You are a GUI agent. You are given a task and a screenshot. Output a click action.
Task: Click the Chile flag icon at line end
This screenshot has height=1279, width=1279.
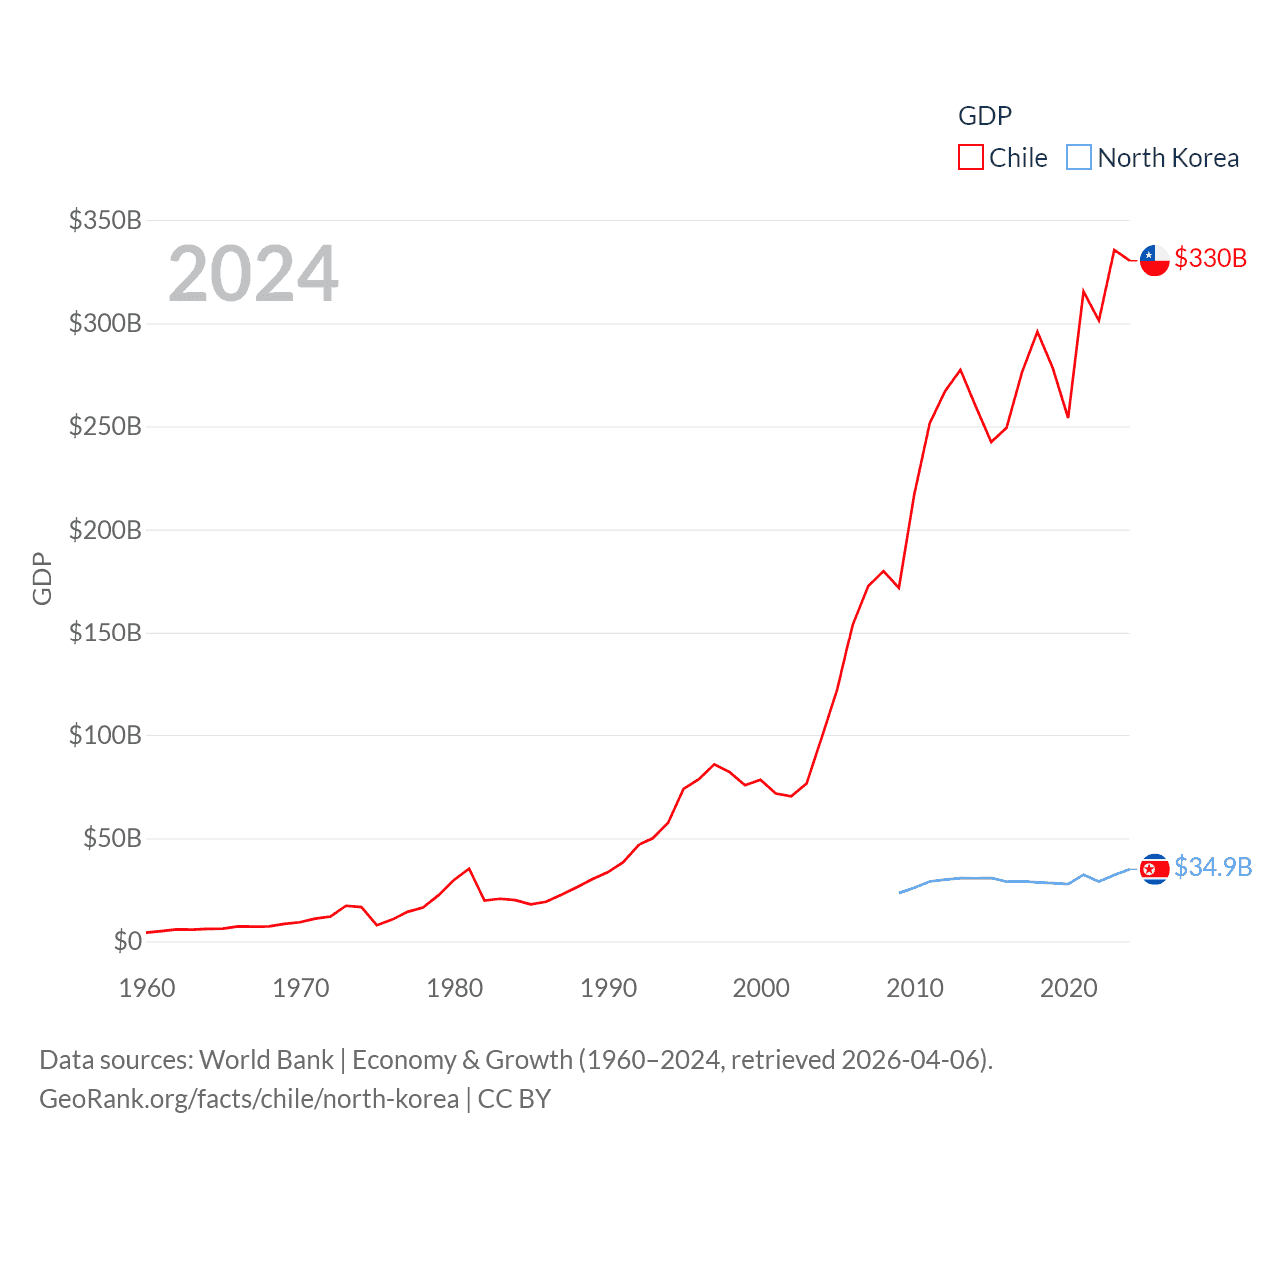[x=1154, y=260]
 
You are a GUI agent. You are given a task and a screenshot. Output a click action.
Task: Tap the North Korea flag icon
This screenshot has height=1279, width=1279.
[x=1154, y=869]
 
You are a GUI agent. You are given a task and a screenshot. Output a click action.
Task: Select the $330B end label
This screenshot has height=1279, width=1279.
[x=1210, y=258]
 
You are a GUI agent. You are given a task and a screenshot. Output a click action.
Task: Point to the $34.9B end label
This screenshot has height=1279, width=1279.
[x=1213, y=867]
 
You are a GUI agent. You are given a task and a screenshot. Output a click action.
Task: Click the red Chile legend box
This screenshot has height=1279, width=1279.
[x=970, y=158]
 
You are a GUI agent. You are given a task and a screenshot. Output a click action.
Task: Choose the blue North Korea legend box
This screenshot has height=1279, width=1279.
[x=1079, y=158]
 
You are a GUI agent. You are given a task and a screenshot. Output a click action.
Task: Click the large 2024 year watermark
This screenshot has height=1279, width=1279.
[x=253, y=273]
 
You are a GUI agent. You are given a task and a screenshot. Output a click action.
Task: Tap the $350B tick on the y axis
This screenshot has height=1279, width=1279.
[x=105, y=220]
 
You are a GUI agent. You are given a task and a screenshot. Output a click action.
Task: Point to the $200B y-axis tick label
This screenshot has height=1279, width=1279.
[x=105, y=530]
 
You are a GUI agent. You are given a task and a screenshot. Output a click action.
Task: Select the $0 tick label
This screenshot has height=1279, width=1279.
[x=127, y=941]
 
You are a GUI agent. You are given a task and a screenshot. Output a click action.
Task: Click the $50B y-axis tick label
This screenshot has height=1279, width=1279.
[x=112, y=838]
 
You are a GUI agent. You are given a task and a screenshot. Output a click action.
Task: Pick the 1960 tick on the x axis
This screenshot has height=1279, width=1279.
[x=147, y=988]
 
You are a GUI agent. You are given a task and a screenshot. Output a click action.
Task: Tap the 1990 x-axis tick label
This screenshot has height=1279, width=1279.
[x=608, y=988]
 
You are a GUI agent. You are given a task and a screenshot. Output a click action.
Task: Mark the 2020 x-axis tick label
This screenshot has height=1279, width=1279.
[x=1068, y=988]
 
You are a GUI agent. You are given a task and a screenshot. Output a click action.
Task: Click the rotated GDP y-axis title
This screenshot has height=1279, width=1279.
[x=42, y=578]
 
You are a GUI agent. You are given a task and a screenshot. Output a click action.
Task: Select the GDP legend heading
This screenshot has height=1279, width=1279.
[x=985, y=116]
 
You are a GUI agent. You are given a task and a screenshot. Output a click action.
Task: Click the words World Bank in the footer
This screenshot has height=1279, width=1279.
[x=266, y=1060]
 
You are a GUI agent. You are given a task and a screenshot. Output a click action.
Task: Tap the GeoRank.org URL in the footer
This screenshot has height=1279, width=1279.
[x=249, y=1099]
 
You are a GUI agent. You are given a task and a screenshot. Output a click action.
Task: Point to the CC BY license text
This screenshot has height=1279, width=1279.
[x=514, y=1099]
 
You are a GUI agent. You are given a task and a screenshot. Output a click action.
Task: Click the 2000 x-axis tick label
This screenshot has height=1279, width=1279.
[x=761, y=988]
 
